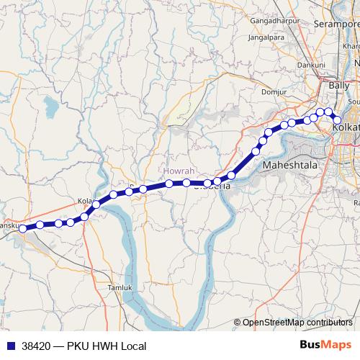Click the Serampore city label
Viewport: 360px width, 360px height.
(337, 23)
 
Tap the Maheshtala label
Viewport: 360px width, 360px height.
(290, 165)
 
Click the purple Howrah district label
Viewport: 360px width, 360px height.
(180, 171)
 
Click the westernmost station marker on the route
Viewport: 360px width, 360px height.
(23, 228)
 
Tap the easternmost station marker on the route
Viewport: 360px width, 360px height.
(336, 120)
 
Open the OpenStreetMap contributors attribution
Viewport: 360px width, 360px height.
(297, 323)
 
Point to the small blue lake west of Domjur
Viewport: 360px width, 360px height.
(50, 108)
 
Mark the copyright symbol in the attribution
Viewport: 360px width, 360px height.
(238, 323)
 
